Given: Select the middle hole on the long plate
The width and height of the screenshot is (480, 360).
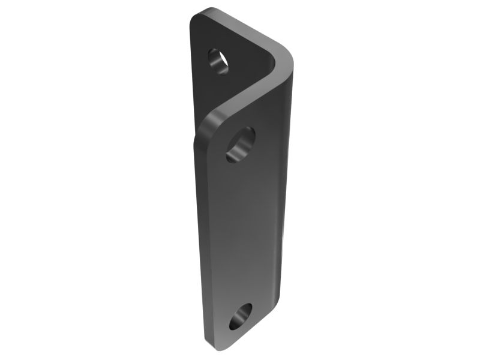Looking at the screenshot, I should (241, 144).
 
